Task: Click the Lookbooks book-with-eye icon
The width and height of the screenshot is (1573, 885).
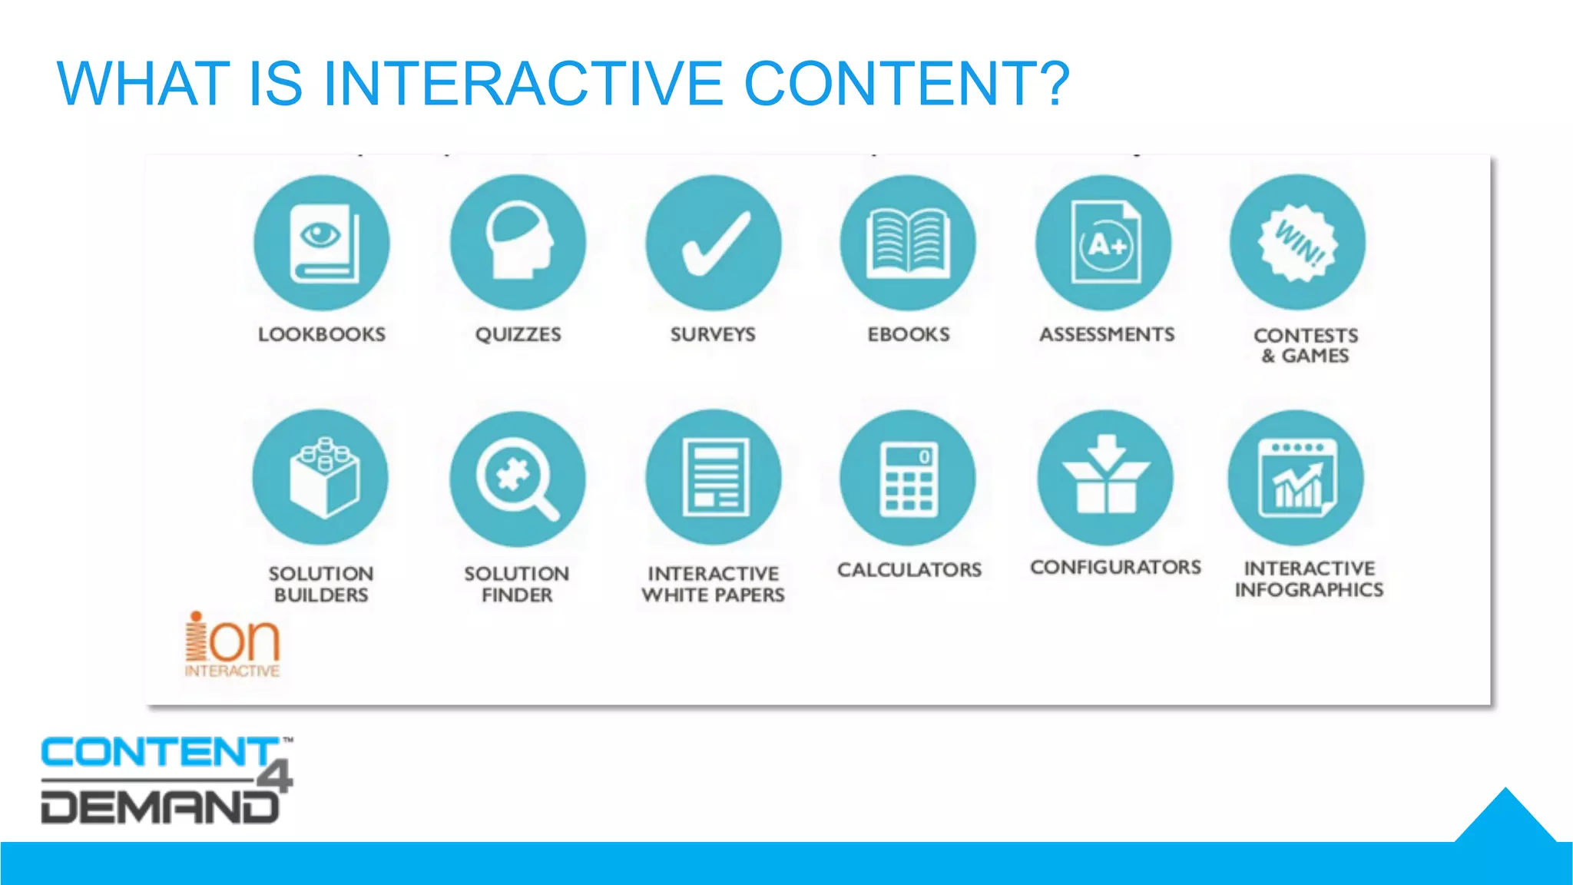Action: click(x=322, y=243)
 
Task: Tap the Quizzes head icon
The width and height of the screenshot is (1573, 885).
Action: click(x=518, y=243)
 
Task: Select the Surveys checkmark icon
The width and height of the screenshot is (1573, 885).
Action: click(x=714, y=243)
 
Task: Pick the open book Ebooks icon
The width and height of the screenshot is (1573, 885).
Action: click(x=908, y=243)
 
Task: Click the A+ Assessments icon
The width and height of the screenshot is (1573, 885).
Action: click(x=1104, y=243)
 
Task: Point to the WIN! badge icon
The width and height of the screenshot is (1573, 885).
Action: click(x=1298, y=243)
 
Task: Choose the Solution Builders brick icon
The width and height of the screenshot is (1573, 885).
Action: click(x=321, y=477)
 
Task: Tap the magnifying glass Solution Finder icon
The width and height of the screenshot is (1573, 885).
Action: click(x=518, y=479)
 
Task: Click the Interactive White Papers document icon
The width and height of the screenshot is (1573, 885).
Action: click(x=714, y=477)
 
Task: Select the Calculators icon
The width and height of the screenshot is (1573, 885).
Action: click(x=908, y=478)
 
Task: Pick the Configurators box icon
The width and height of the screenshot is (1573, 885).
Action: click(x=1105, y=478)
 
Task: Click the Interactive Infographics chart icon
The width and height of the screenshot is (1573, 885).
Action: click(x=1296, y=478)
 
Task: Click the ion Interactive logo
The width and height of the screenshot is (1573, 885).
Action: click(x=232, y=645)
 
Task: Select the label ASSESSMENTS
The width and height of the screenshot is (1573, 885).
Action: click(x=1107, y=334)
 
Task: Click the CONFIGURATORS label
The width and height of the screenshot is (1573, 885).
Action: click(x=1115, y=567)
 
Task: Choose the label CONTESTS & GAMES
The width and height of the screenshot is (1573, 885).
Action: click(x=1306, y=346)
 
